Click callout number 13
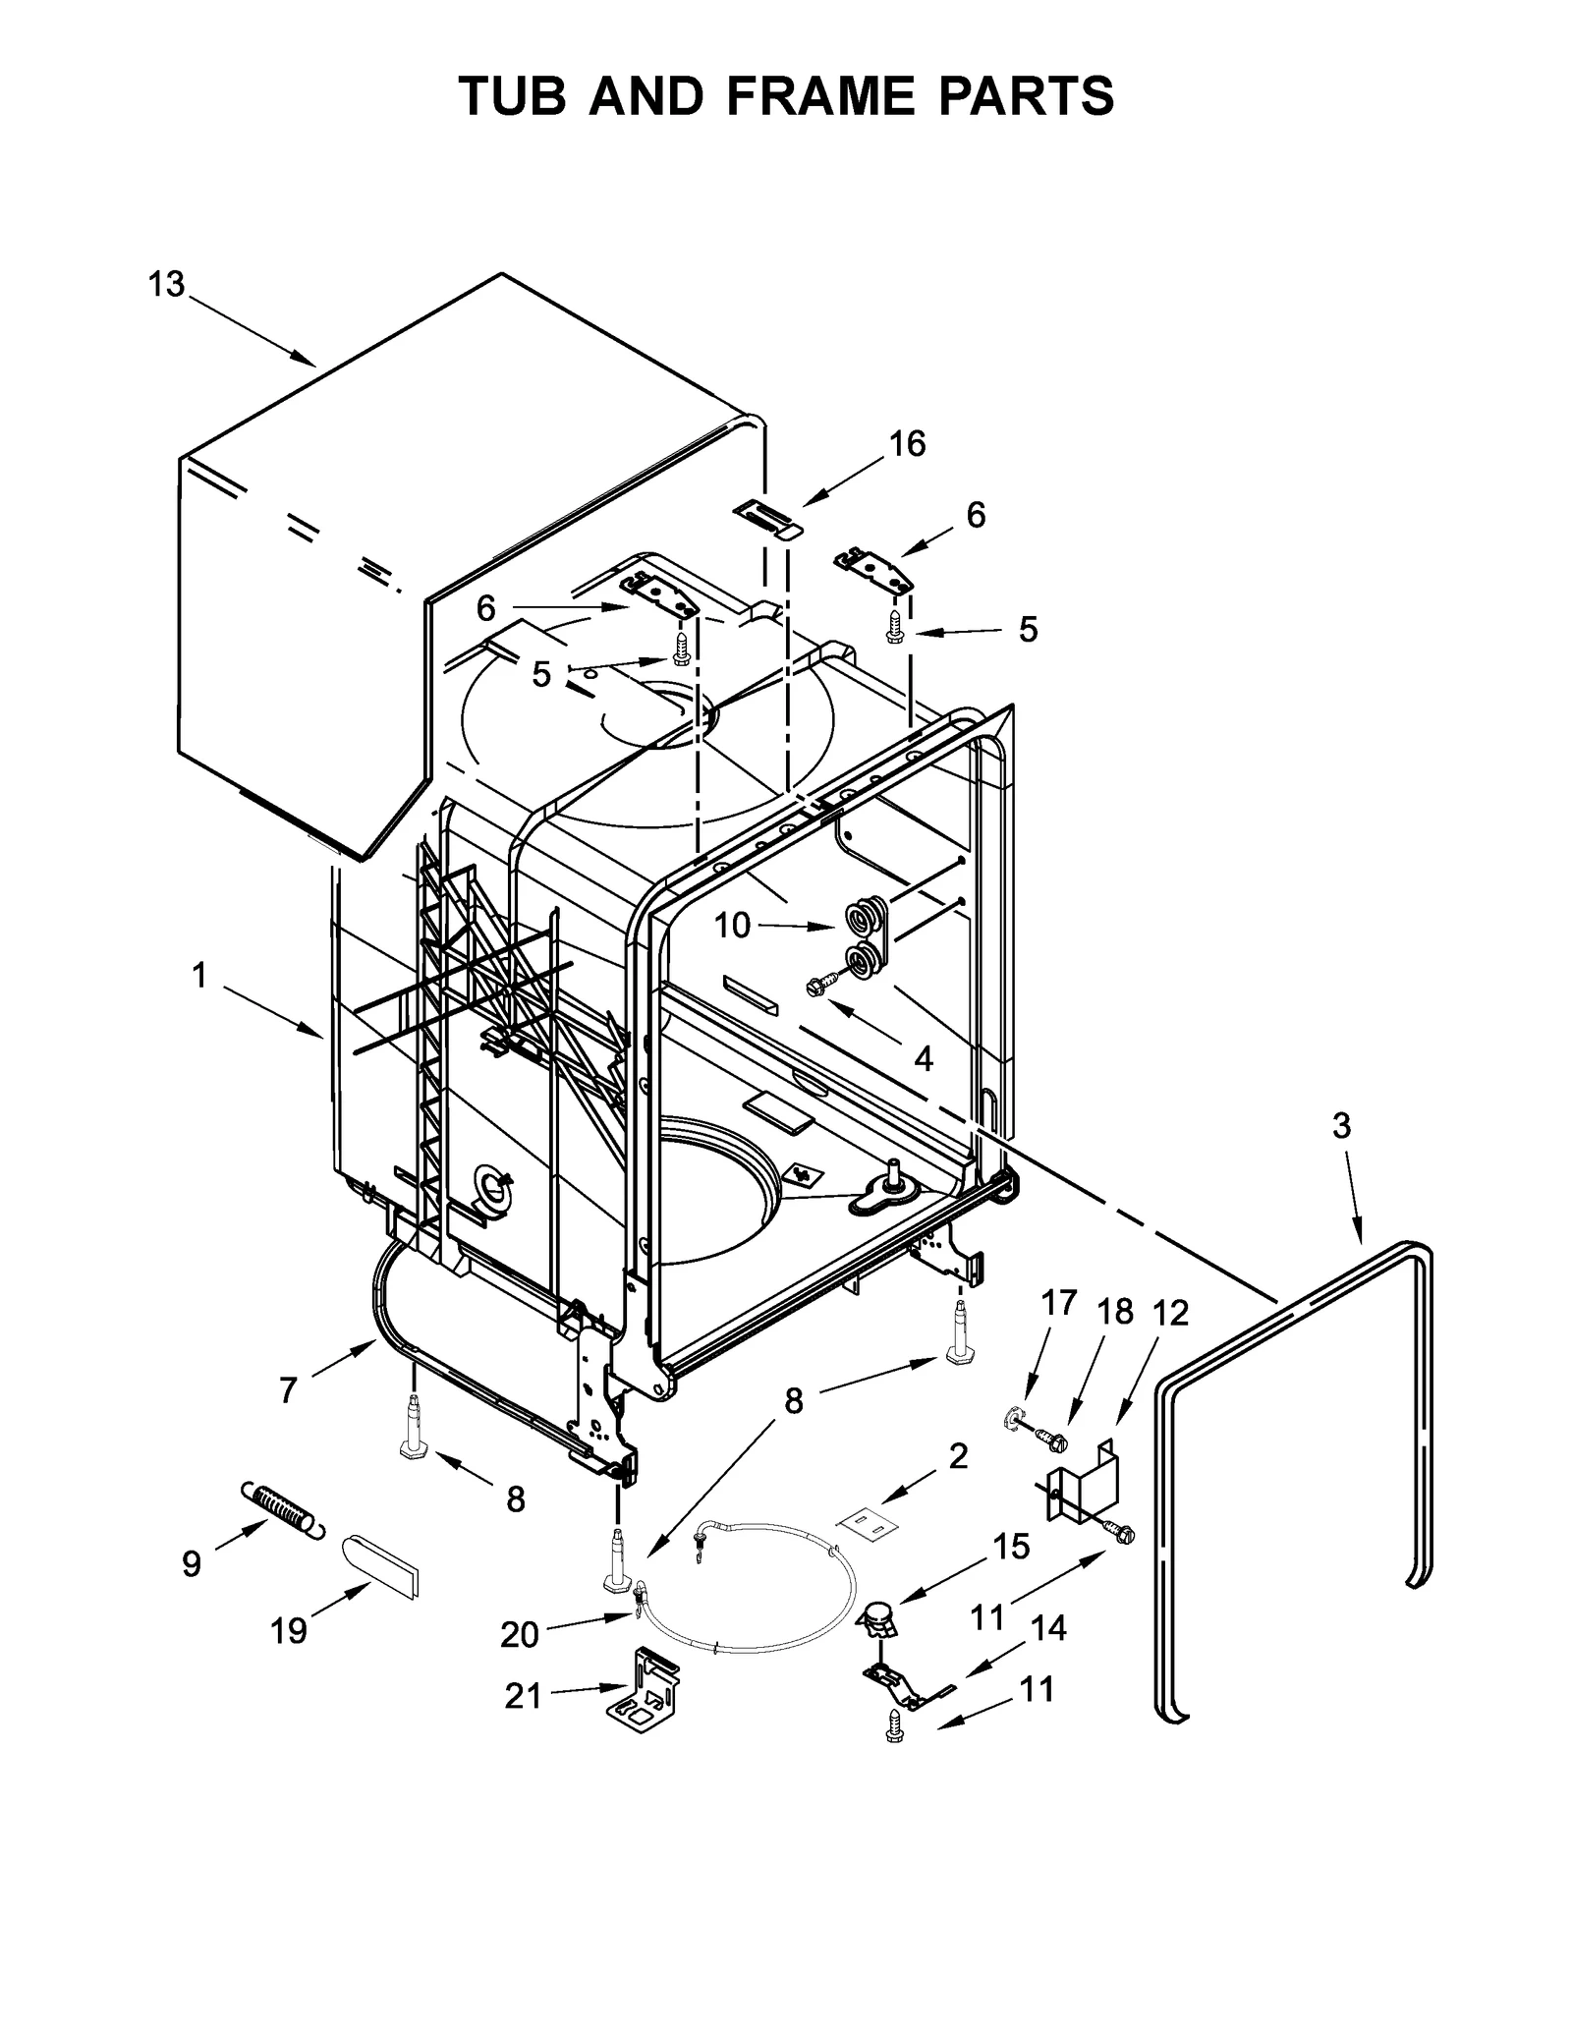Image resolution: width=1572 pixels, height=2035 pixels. pyautogui.click(x=166, y=284)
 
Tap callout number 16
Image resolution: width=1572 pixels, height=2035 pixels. pyautogui.click(x=907, y=444)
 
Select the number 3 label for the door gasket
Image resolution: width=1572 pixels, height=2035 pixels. pyautogui.click(x=1341, y=1125)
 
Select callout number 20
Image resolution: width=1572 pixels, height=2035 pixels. pyautogui.click(x=520, y=1634)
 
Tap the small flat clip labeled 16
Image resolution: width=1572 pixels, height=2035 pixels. pyautogui.click(x=767, y=518)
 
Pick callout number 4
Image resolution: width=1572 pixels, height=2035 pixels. pyautogui.click(x=923, y=1058)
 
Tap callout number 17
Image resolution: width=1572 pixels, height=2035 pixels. pyautogui.click(x=1058, y=1303)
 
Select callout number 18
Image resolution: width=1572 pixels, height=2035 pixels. pyautogui.click(x=1115, y=1312)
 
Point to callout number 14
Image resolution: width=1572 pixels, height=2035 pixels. pyautogui.click(x=1048, y=1628)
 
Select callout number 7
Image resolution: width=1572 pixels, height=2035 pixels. pyautogui.click(x=287, y=1390)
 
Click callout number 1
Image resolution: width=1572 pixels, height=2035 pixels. pyautogui.click(x=199, y=976)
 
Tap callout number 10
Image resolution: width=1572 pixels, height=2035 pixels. pyautogui.click(x=732, y=925)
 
